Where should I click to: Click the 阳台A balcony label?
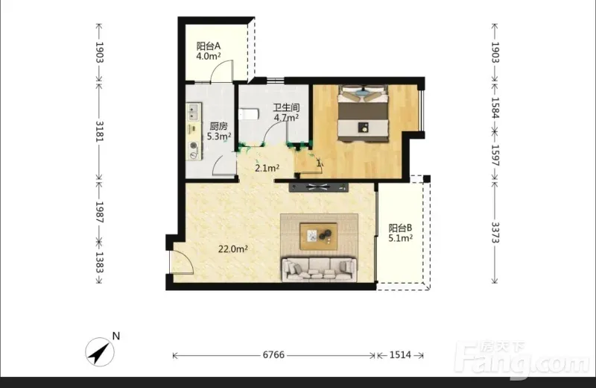click(x=209, y=46)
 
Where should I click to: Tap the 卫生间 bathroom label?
click(x=286, y=107)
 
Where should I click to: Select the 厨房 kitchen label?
click(x=218, y=126)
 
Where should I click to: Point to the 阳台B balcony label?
click(x=400, y=228)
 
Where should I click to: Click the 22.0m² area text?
click(x=233, y=249)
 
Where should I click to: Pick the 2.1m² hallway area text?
click(x=267, y=168)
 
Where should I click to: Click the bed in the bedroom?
click(x=363, y=113)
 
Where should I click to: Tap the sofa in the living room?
click(x=319, y=269)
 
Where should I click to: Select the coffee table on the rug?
click(x=319, y=236)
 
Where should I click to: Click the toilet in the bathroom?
click(x=249, y=114)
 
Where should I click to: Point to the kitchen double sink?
click(x=193, y=113)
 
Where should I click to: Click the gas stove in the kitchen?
click(x=194, y=150)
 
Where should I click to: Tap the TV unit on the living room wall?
click(x=319, y=187)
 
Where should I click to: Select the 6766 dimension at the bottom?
click(x=273, y=355)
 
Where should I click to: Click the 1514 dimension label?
click(x=400, y=355)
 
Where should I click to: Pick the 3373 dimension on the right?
click(x=495, y=232)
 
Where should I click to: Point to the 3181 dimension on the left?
click(x=99, y=131)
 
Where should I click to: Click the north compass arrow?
click(x=100, y=352)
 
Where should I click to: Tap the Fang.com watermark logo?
click(x=523, y=360)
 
